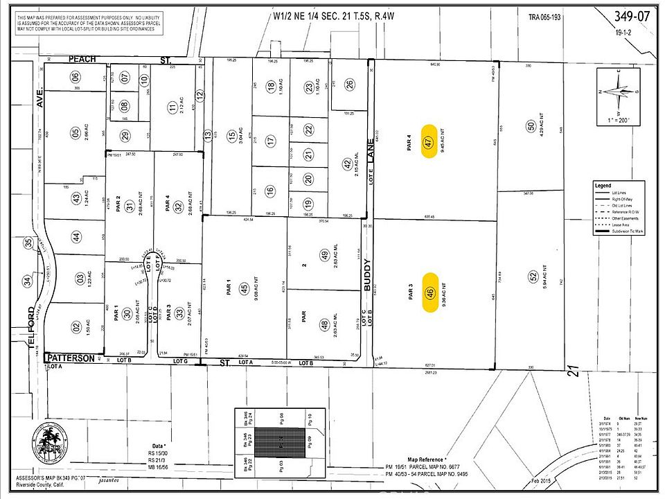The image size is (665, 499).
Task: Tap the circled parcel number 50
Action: (531, 126)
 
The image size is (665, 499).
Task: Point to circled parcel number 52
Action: (533, 276)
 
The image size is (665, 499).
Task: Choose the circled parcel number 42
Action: (347, 164)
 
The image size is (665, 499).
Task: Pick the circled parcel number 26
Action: (350, 85)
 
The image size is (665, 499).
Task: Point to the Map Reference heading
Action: (425, 459)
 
